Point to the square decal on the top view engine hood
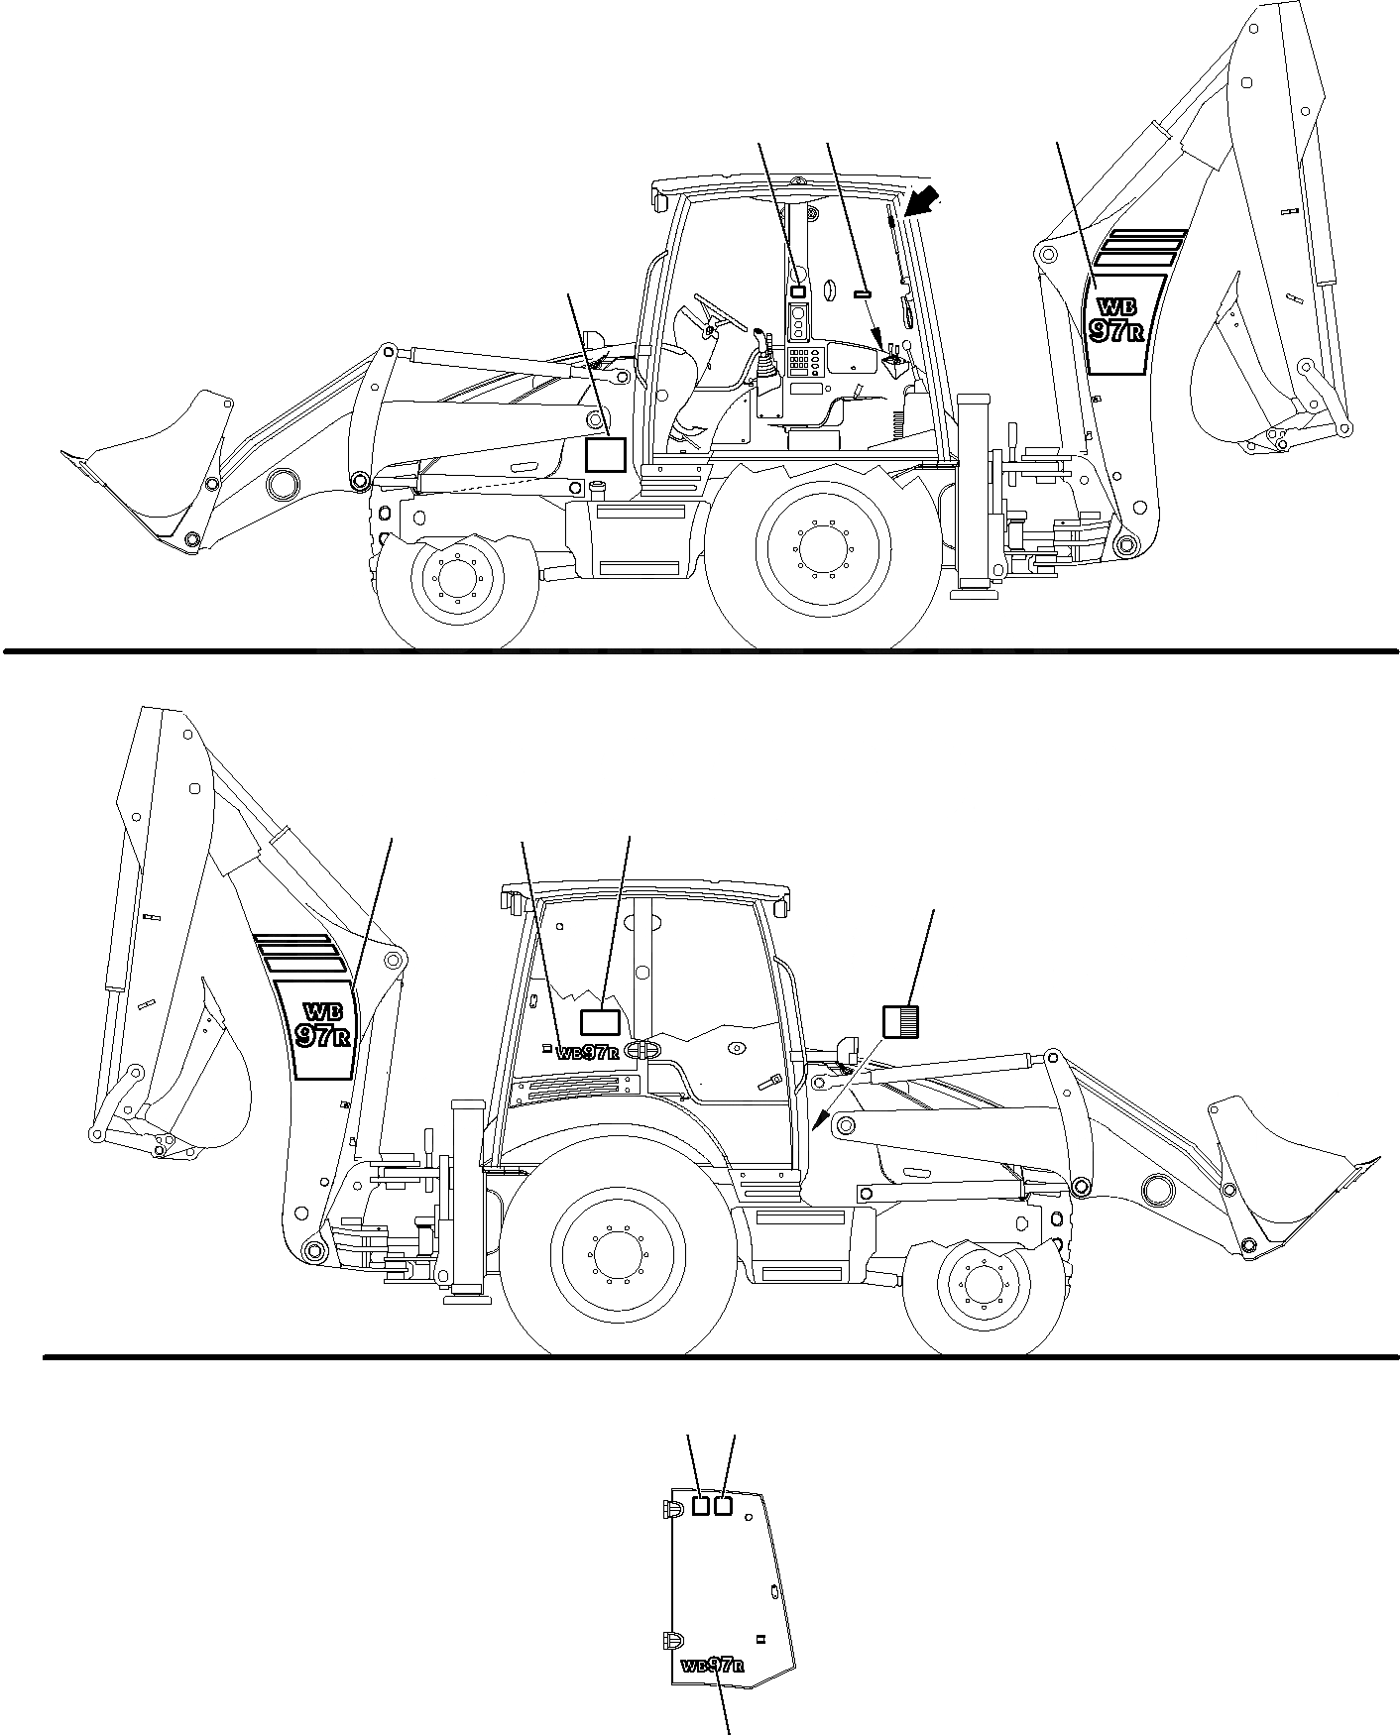tap(605, 454)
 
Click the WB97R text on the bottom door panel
tap(713, 1665)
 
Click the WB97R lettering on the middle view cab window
tap(588, 1053)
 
